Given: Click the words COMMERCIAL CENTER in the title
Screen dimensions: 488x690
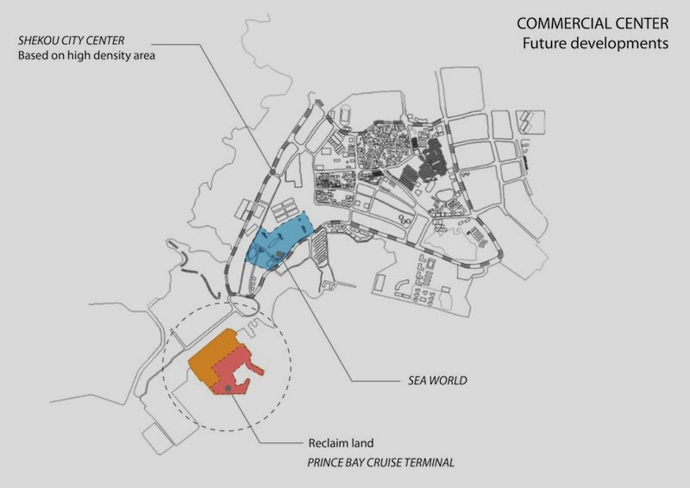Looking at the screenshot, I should click(592, 24).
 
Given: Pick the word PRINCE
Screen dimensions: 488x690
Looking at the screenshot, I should click(328, 463).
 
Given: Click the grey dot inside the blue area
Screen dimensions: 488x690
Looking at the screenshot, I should click(279, 253).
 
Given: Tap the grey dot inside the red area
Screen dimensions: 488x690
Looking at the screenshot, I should click(227, 390).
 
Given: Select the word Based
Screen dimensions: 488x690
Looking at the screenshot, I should click(33, 57).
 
